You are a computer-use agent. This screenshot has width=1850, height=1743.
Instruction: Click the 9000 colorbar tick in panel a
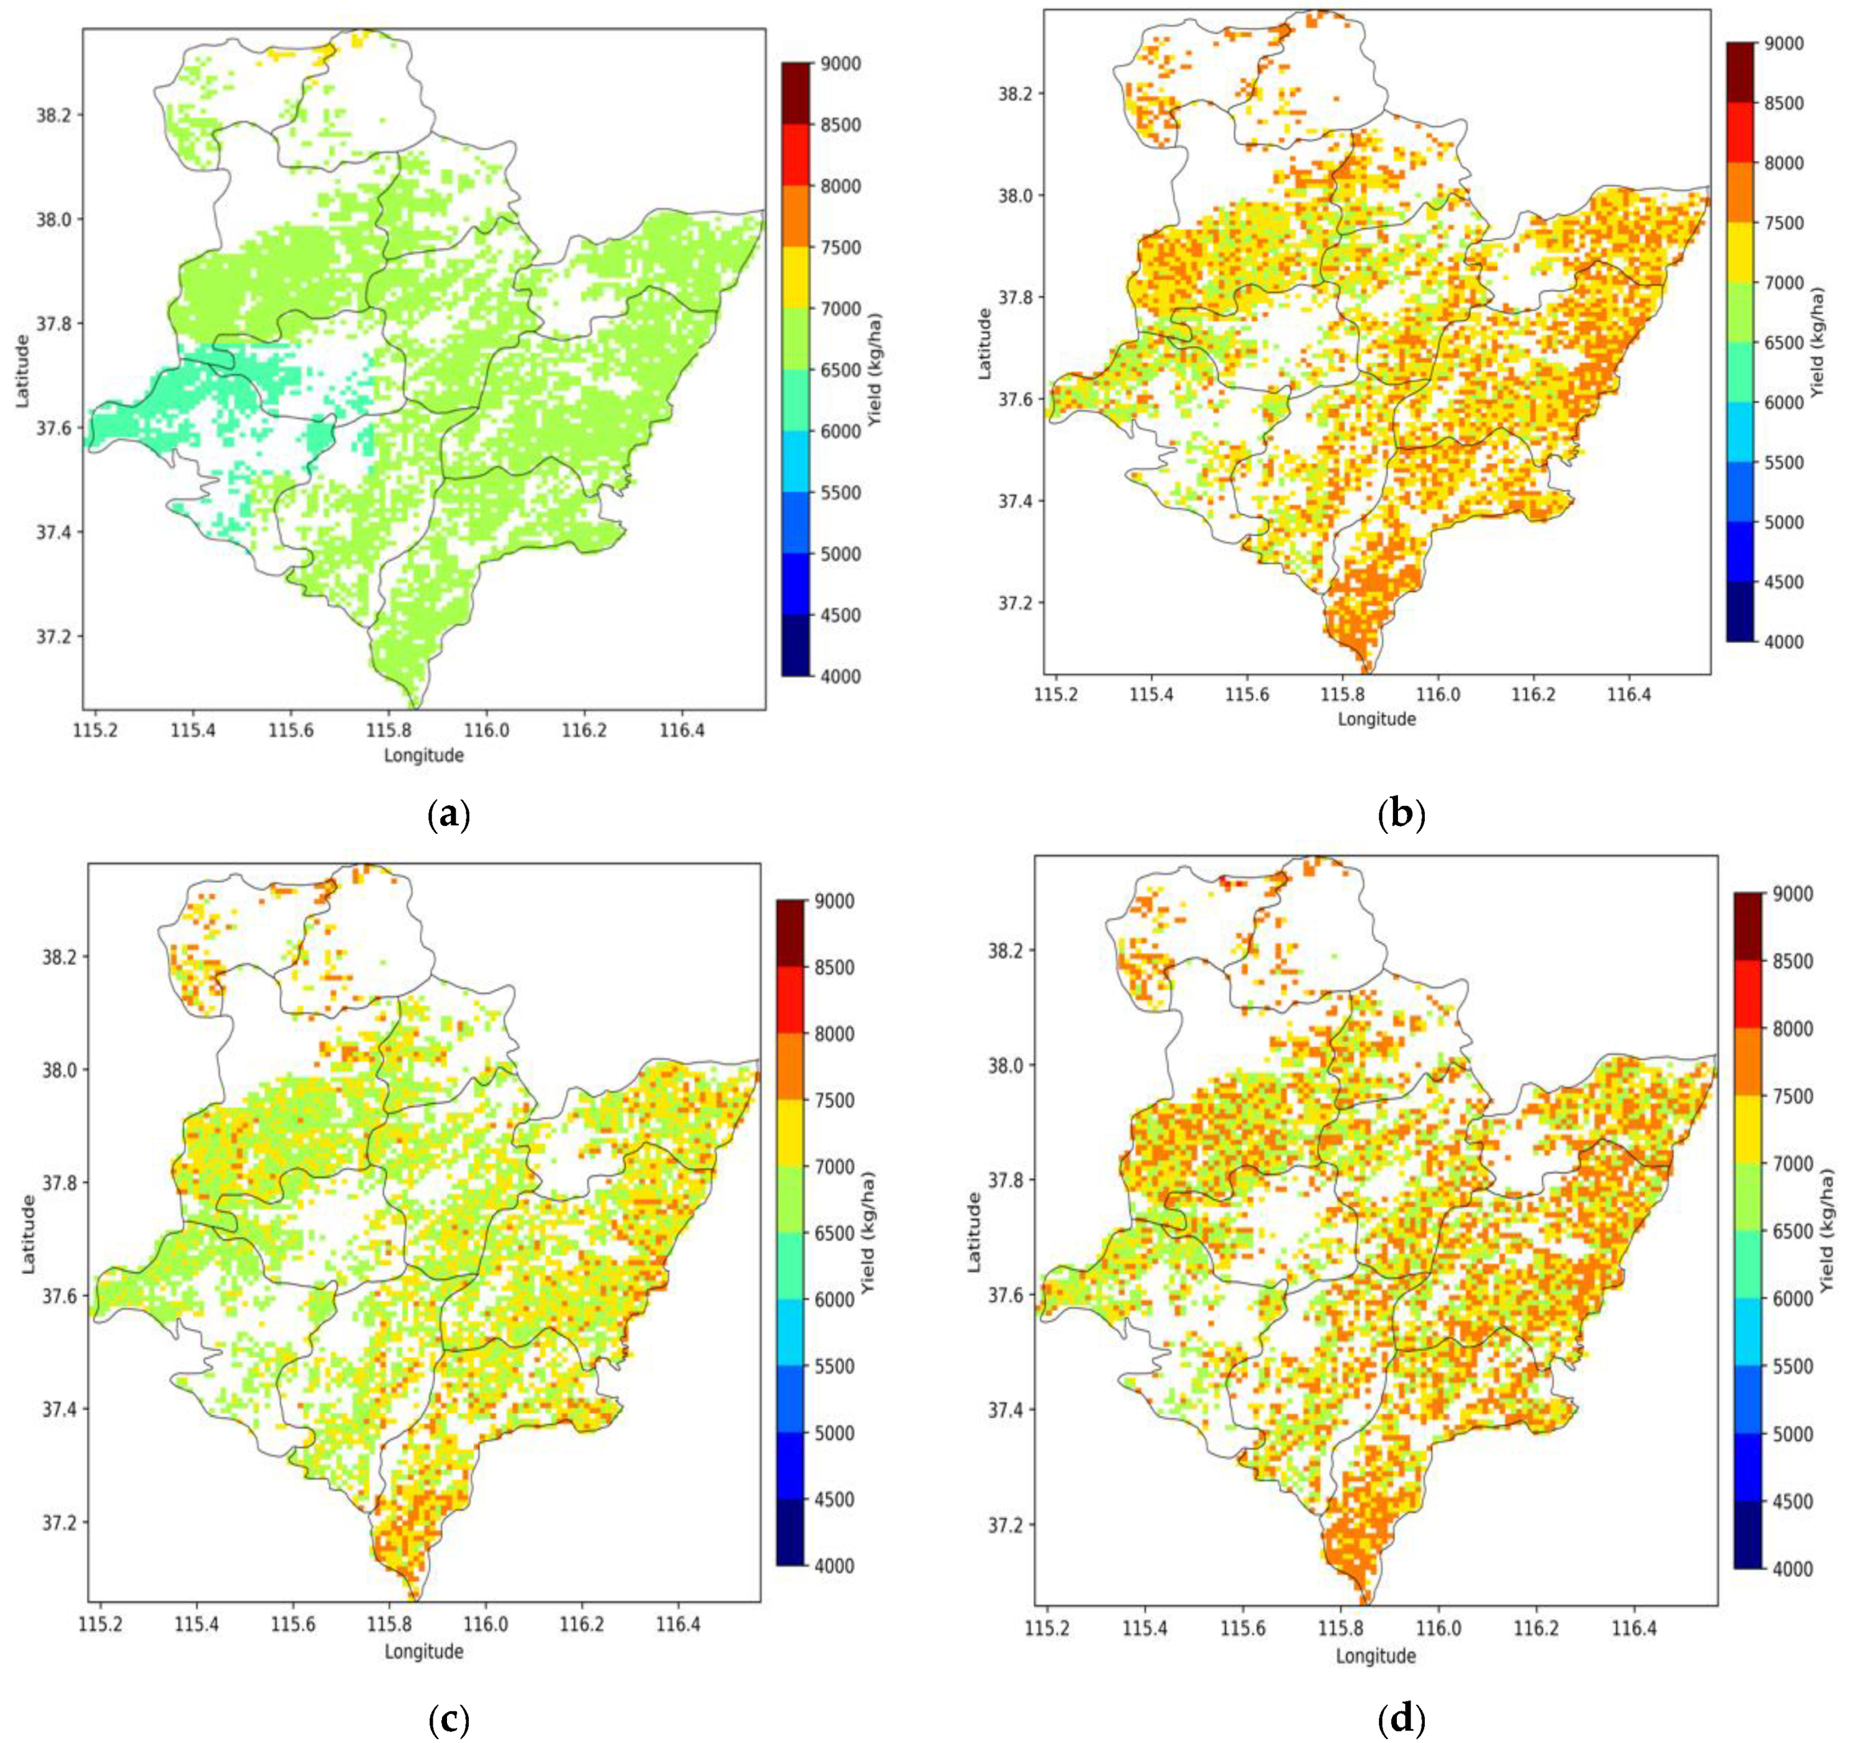841,64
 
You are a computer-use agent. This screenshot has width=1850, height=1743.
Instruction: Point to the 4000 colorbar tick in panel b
1784,642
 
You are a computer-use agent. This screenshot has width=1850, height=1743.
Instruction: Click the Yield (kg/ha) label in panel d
1827,1232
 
